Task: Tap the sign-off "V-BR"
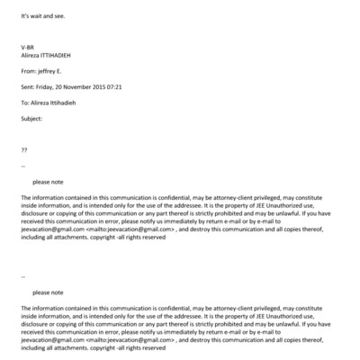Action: coord(27,47)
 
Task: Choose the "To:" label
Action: coord(25,103)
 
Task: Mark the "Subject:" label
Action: coord(31,118)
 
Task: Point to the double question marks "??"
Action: coord(24,149)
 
